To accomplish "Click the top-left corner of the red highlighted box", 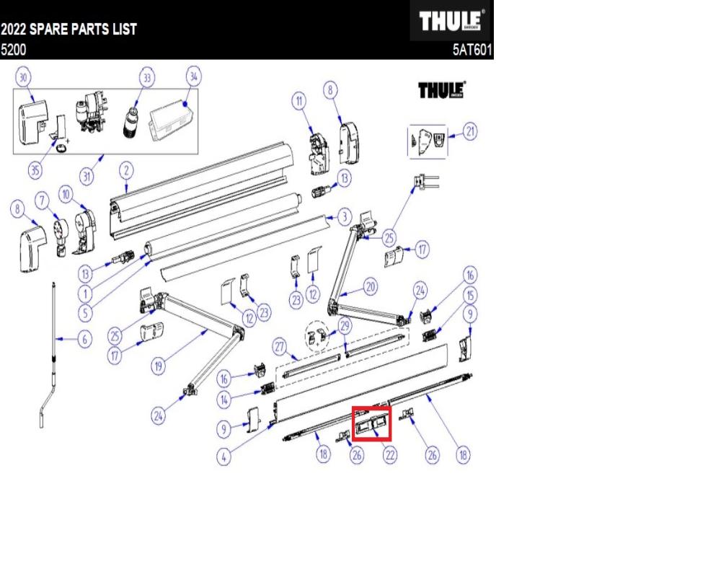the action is pyautogui.click(x=353, y=407).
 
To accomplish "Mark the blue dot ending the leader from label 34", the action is pyautogui.click(x=185, y=104).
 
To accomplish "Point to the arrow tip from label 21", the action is pyautogui.click(x=449, y=136).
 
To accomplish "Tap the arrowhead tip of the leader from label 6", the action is pyautogui.click(x=56, y=340).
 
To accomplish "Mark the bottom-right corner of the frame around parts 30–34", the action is pyautogui.click(x=198, y=154).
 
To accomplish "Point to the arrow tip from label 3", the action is pyautogui.click(x=326, y=216).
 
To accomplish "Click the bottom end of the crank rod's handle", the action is pyautogui.click(x=41, y=427).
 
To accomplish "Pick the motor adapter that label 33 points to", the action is pyautogui.click(x=131, y=122).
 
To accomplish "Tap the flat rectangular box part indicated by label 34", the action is pyautogui.click(x=169, y=119).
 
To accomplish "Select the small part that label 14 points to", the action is pyautogui.click(x=267, y=389).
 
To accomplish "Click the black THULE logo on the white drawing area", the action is pyautogui.click(x=441, y=89).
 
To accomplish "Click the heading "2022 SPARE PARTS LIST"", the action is pyautogui.click(x=68, y=29).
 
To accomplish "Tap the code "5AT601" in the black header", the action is pyautogui.click(x=472, y=50).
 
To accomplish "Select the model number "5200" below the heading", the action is pyautogui.click(x=13, y=49).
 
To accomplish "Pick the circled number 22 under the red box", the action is pyautogui.click(x=389, y=455).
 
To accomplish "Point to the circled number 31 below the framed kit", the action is pyautogui.click(x=87, y=176).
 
